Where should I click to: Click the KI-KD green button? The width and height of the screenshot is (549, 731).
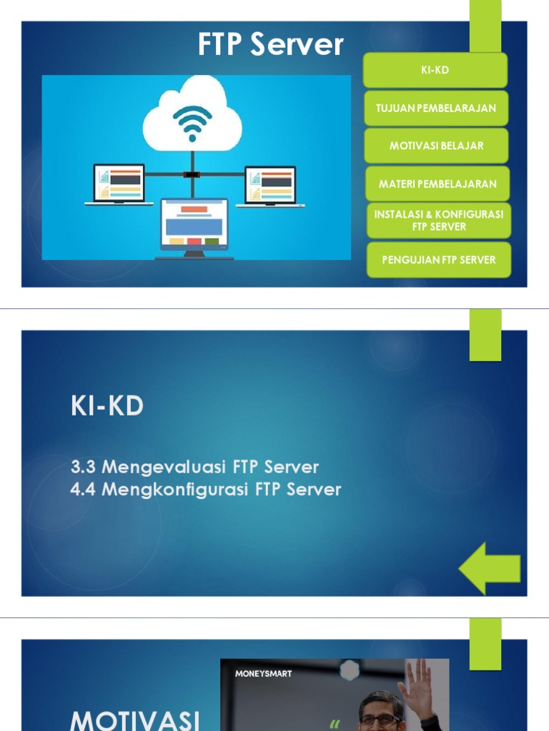click(x=435, y=70)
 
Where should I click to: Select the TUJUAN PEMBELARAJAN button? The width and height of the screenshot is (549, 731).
click(x=436, y=108)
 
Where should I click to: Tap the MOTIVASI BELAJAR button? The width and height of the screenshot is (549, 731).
click(x=436, y=146)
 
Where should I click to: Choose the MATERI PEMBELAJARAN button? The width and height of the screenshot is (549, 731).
click(x=437, y=183)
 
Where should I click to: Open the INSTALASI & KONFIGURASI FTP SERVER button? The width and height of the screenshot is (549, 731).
click(x=439, y=221)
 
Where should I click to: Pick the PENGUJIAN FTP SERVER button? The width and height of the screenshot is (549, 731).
click(x=439, y=260)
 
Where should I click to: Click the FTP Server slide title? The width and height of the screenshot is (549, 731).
click(x=270, y=45)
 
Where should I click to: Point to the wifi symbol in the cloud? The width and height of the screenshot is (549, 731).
click(x=192, y=122)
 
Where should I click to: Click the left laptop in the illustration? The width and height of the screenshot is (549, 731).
click(x=119, y=184)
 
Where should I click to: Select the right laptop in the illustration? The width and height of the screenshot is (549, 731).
click(x=270, y=186)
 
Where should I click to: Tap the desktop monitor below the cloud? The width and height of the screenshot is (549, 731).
click(x=194, y=225)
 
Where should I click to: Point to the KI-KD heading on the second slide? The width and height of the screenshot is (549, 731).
click(x=107, y=407)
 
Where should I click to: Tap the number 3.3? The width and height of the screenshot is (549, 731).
click(x=84, y=468)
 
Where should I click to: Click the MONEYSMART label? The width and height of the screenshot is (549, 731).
click(x=264, y=673)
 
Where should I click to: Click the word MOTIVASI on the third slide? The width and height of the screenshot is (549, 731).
click(x=135, y=720)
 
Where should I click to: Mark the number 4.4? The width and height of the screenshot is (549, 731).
click(x=84, y=490)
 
